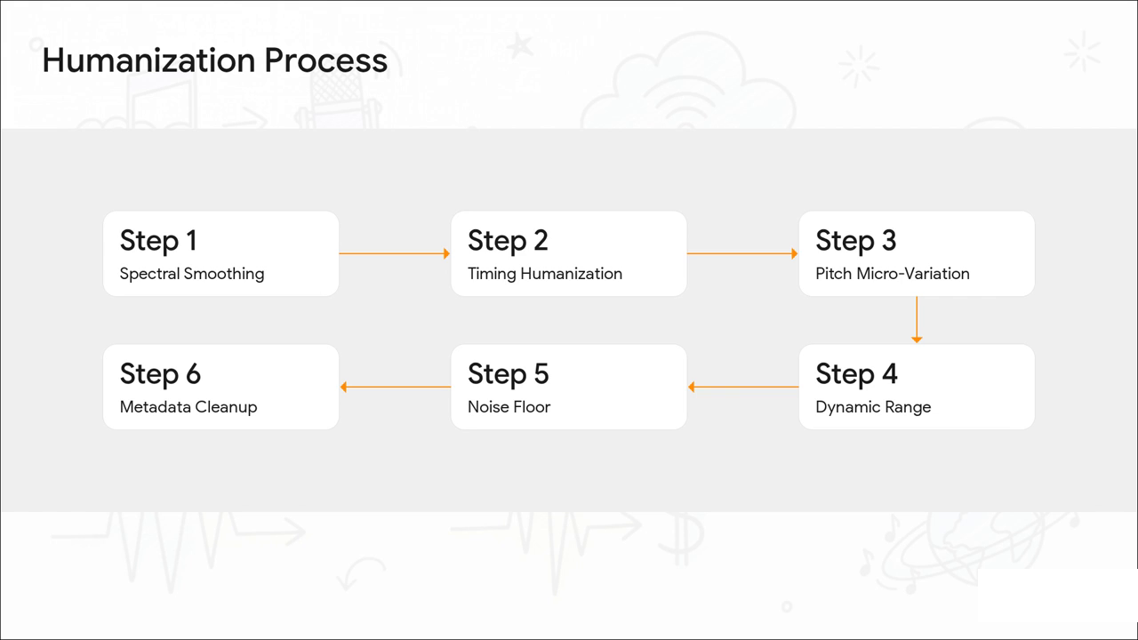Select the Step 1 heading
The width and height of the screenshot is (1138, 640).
pos(158,241)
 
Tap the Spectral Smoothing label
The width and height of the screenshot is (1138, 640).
pos(192,274)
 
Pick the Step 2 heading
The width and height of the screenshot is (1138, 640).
pos(508,241)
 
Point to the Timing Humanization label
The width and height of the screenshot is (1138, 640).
pos(545,274)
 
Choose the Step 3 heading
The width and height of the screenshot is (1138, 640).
pos(855,241)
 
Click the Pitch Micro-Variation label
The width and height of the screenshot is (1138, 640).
pos(893,274)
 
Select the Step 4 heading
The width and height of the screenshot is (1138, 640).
pos(856,374)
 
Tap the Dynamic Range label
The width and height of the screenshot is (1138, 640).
pos(873,407)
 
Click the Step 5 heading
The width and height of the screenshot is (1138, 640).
pos(508,374)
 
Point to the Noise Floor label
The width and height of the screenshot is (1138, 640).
pos(509,407)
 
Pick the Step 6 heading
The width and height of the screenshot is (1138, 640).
pos(160,374)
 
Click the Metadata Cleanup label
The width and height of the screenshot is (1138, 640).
pos(188,407)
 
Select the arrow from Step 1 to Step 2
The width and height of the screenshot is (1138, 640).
pos(395,254)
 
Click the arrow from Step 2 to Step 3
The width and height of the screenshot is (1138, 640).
pos(742,254)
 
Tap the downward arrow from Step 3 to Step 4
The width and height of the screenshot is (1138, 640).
pos(917,320)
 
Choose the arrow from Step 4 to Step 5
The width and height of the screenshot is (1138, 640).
pos(743,387)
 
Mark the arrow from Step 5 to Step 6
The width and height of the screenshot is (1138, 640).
pos(396,387)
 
